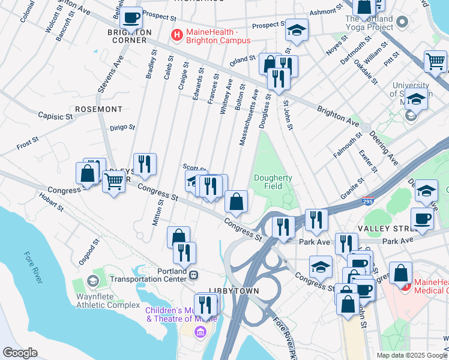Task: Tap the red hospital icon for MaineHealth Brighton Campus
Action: coord(177,35)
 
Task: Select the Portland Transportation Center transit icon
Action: coord(194,275)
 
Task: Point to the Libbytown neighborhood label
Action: coord(234,290)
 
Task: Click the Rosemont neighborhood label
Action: coord(98,109)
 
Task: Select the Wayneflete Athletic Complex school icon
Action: coord(92,281)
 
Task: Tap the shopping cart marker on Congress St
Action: coord(114,181)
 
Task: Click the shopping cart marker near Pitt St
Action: coord(435,61)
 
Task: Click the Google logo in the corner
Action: coord(20,353)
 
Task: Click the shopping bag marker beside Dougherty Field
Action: coord(237,202)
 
